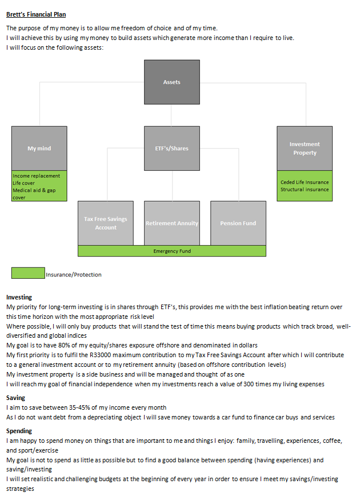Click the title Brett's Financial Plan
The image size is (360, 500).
[x=36, y=14]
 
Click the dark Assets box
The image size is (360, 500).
[x=172, y=82]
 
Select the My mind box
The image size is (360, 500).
[x=39, y=148]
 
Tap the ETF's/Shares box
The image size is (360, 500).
[x=172, y=148]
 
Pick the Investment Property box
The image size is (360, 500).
[x=305, y=148]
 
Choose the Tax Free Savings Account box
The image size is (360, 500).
[x=106, y=223]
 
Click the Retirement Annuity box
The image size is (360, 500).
[x=172, y=223]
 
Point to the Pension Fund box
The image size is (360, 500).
[x=238, y=223]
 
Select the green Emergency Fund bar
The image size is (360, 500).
[x=172, y=251]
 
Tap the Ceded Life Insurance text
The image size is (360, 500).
[x=305, y=182]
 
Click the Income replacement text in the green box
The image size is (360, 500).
[x=37, y=175]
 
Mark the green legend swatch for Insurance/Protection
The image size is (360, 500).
[x=28, y=273]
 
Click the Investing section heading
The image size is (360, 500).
[x=19, y=297]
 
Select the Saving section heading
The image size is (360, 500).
[x=15, y=398]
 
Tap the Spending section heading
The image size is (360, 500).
[x=19, y=431]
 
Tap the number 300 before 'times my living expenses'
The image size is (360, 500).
[x=249, y=384]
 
